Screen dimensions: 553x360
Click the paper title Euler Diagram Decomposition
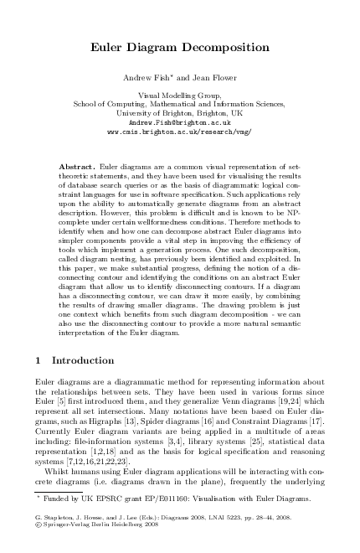pyautogui.click(x=179, y=49)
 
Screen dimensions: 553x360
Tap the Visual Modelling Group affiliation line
pyautogui.click(x=179, y=96)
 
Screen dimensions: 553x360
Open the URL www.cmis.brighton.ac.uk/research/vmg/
pyautogui.click(x=179, y=132)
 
